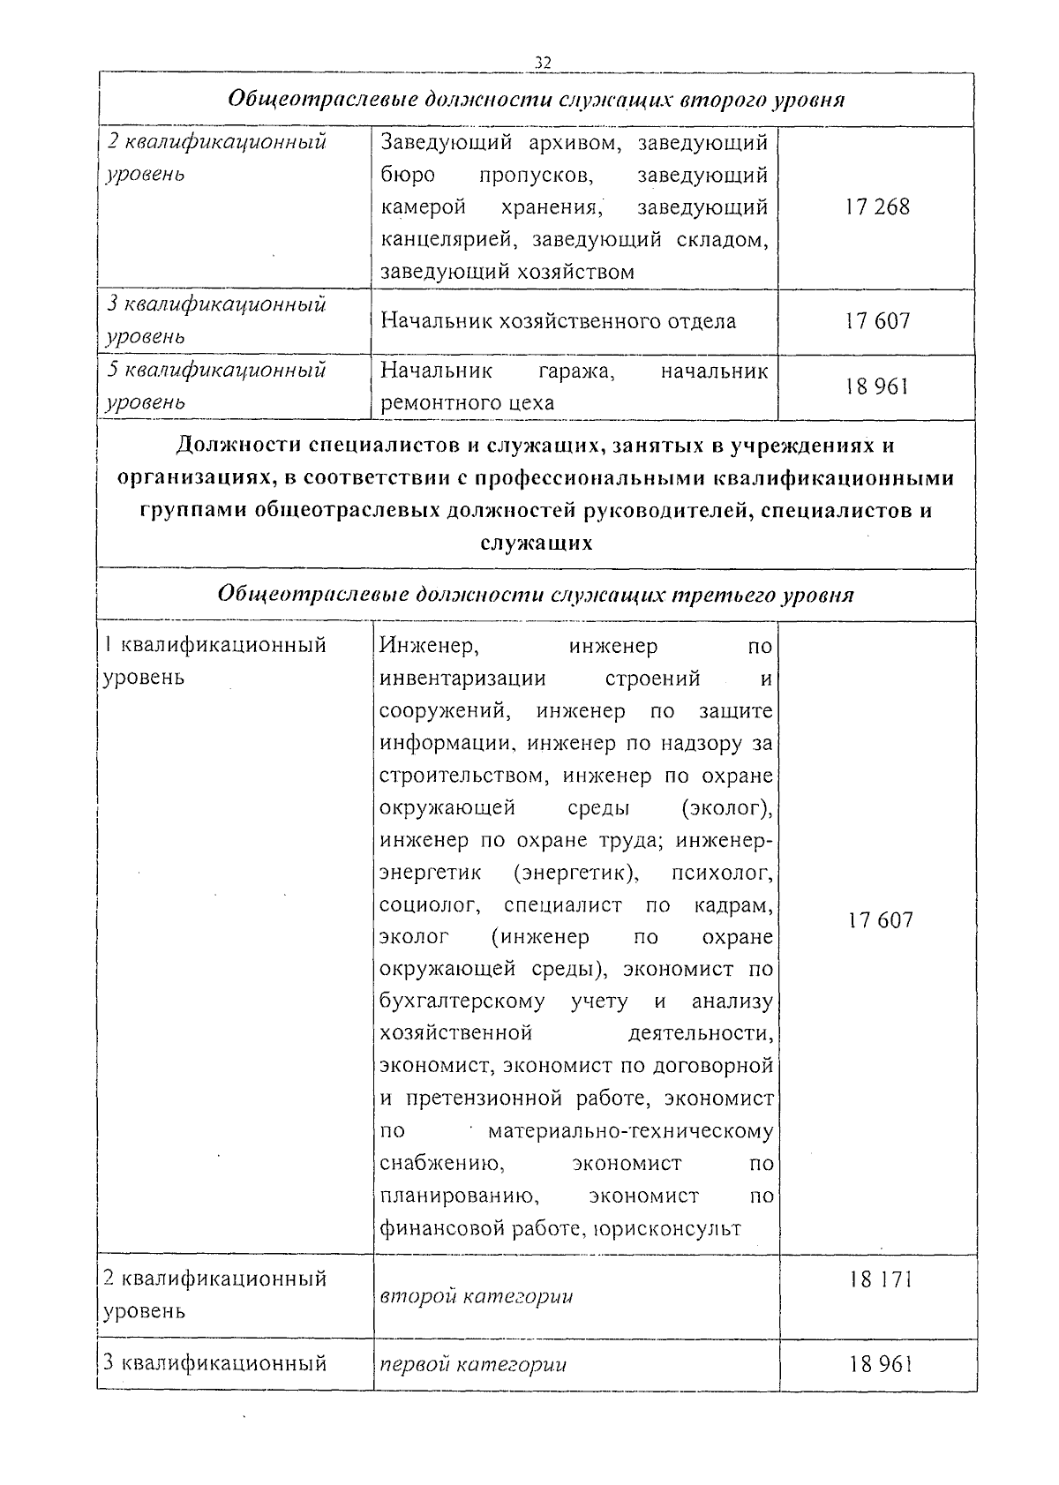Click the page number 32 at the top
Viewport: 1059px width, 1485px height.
[543, 62]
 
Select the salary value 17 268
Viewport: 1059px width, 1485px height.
[876, 207]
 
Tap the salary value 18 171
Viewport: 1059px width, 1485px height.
[880, 1279]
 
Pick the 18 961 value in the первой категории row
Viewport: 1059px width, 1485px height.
[880, 1363]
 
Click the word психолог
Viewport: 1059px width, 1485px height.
[722, 874]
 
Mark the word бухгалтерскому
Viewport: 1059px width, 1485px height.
[462, 1001]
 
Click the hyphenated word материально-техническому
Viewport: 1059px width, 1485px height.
[630, 1131]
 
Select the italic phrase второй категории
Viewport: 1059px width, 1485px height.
[476, 1296]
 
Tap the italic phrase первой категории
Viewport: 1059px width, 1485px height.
[472, 1364]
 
